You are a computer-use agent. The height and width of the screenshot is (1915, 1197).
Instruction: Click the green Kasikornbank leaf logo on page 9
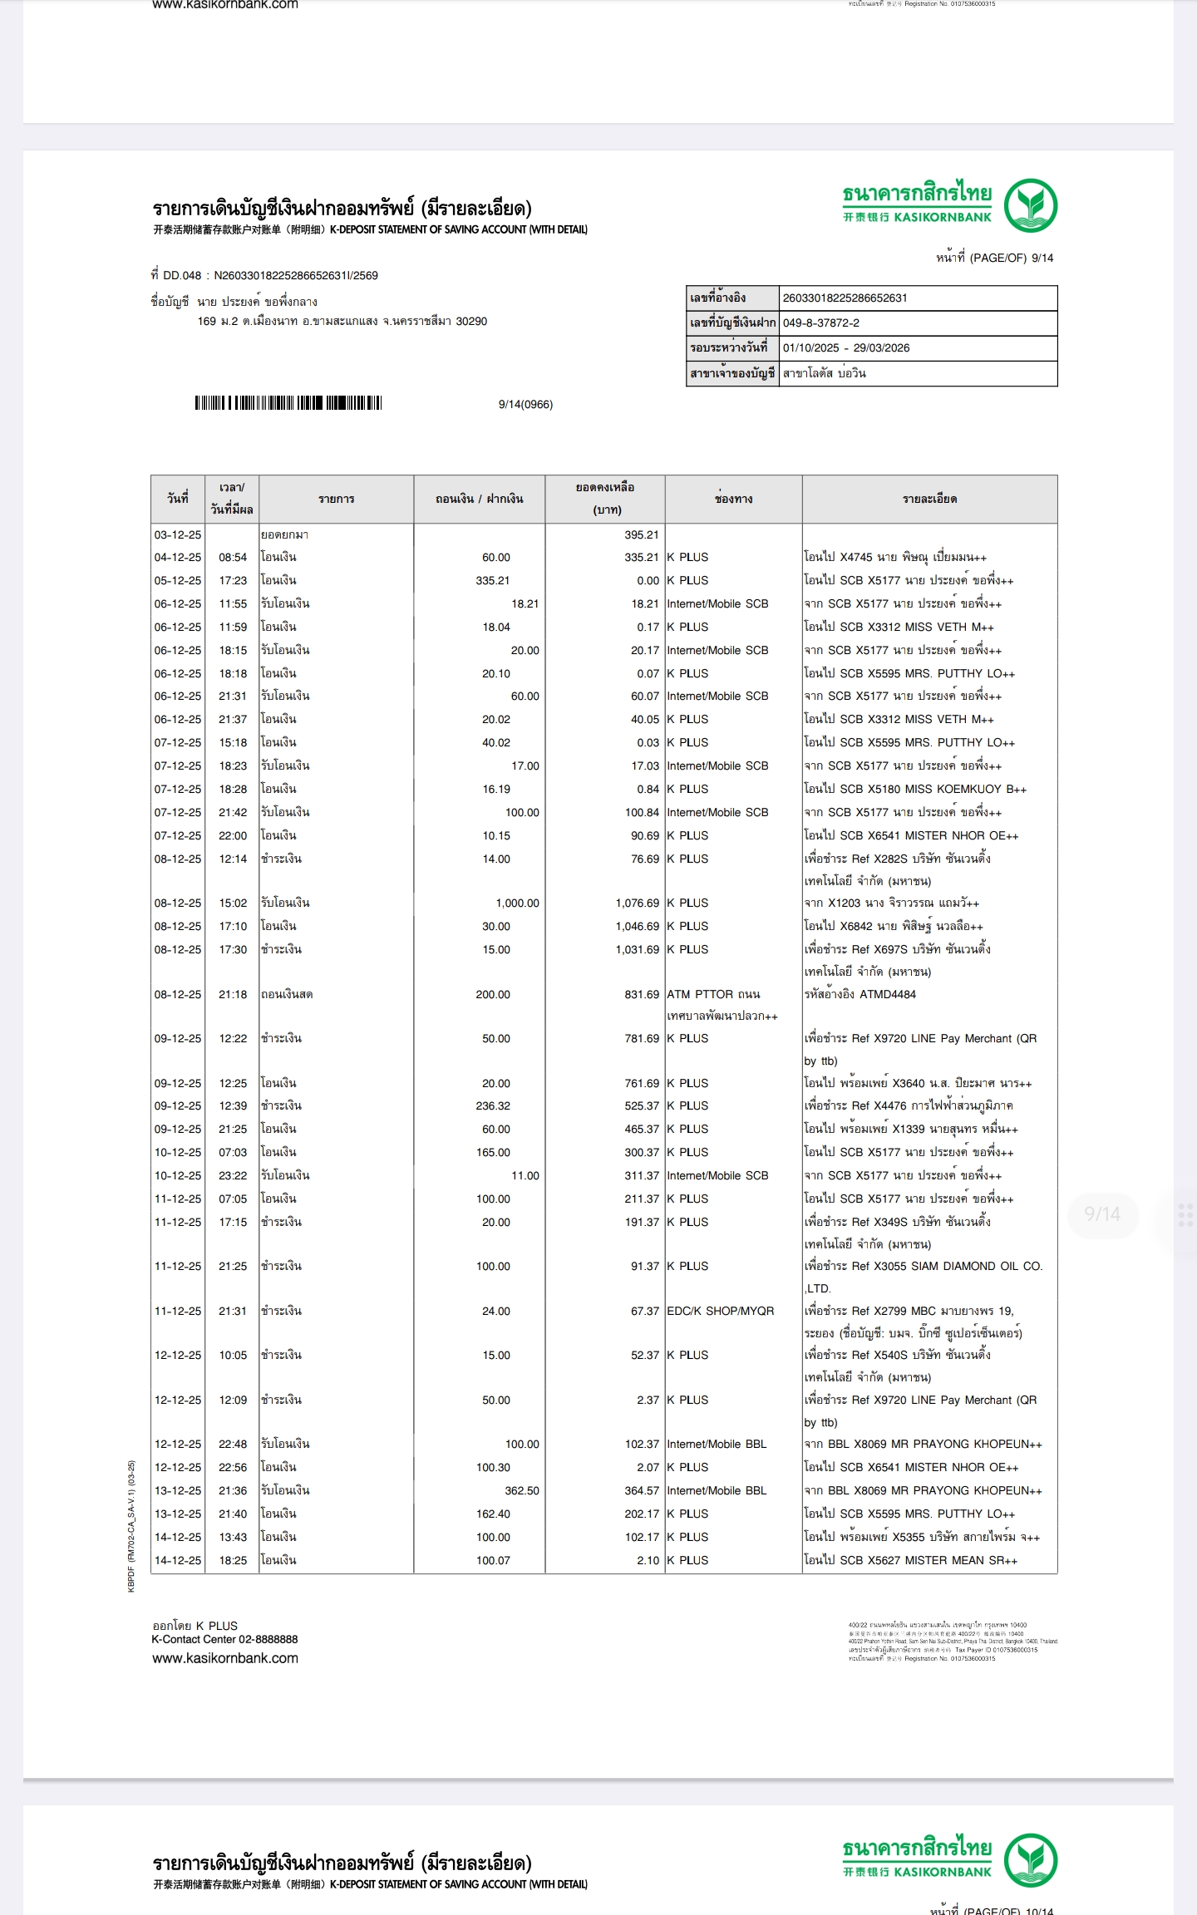point(1030,205)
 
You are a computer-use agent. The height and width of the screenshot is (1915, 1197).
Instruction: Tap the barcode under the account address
point(288,403)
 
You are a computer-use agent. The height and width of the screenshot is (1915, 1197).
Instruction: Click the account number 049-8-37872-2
point(820,322)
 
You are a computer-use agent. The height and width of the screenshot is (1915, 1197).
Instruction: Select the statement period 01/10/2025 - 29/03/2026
point(845,347)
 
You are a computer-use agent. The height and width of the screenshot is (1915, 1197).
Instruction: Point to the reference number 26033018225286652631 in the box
point(845,298)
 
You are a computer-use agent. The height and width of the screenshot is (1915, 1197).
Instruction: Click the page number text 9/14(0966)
point(525,404)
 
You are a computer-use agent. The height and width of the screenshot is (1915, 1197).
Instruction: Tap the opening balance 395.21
point(641,534)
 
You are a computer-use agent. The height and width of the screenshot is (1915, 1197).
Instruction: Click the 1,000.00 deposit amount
point(517,903)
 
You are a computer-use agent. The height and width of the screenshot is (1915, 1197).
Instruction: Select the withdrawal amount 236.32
point(493,1105)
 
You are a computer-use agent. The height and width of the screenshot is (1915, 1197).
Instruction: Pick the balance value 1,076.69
point(637,903)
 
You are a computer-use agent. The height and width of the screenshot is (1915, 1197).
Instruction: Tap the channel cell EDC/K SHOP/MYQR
point(720,1311)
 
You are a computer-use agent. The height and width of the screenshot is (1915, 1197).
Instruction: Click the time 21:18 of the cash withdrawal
point(233,994)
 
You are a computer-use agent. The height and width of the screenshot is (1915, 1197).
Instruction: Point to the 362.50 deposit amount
point(521,1490)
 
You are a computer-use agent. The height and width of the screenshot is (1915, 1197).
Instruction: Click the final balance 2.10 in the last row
point(648,1560)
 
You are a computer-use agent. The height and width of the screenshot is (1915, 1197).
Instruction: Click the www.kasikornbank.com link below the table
point(224,1658)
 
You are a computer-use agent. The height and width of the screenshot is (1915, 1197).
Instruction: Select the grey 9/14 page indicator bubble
point(1101,1214)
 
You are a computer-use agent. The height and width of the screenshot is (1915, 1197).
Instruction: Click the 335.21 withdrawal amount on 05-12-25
point(493,580)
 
